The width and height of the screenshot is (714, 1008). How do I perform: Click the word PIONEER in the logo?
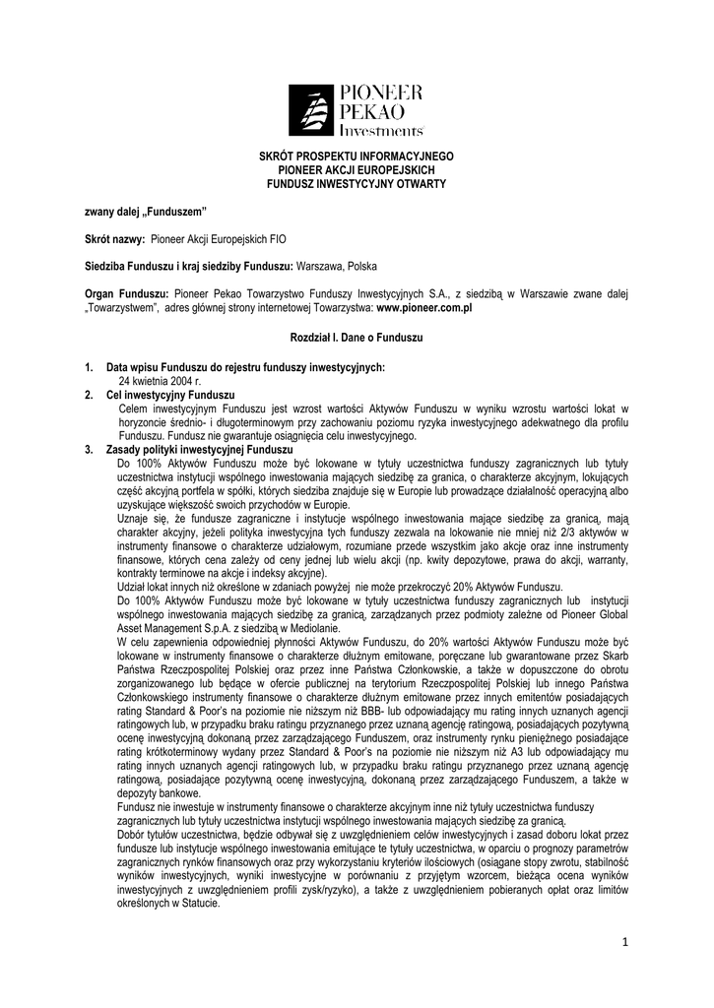point(382,93)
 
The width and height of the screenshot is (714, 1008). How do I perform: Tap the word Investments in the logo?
point(381,130)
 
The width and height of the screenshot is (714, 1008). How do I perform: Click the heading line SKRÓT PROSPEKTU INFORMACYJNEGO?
point(357,157)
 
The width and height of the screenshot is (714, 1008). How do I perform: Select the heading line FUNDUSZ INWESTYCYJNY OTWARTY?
point(357,184)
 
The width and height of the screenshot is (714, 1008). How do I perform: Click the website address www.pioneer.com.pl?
point(425,308)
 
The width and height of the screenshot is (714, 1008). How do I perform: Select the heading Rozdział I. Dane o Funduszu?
point(357,338)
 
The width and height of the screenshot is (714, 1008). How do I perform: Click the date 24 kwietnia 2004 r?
point(160,379)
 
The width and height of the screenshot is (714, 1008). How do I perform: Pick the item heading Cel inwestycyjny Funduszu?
point(170,394)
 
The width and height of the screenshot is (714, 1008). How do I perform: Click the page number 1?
point(624,942)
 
